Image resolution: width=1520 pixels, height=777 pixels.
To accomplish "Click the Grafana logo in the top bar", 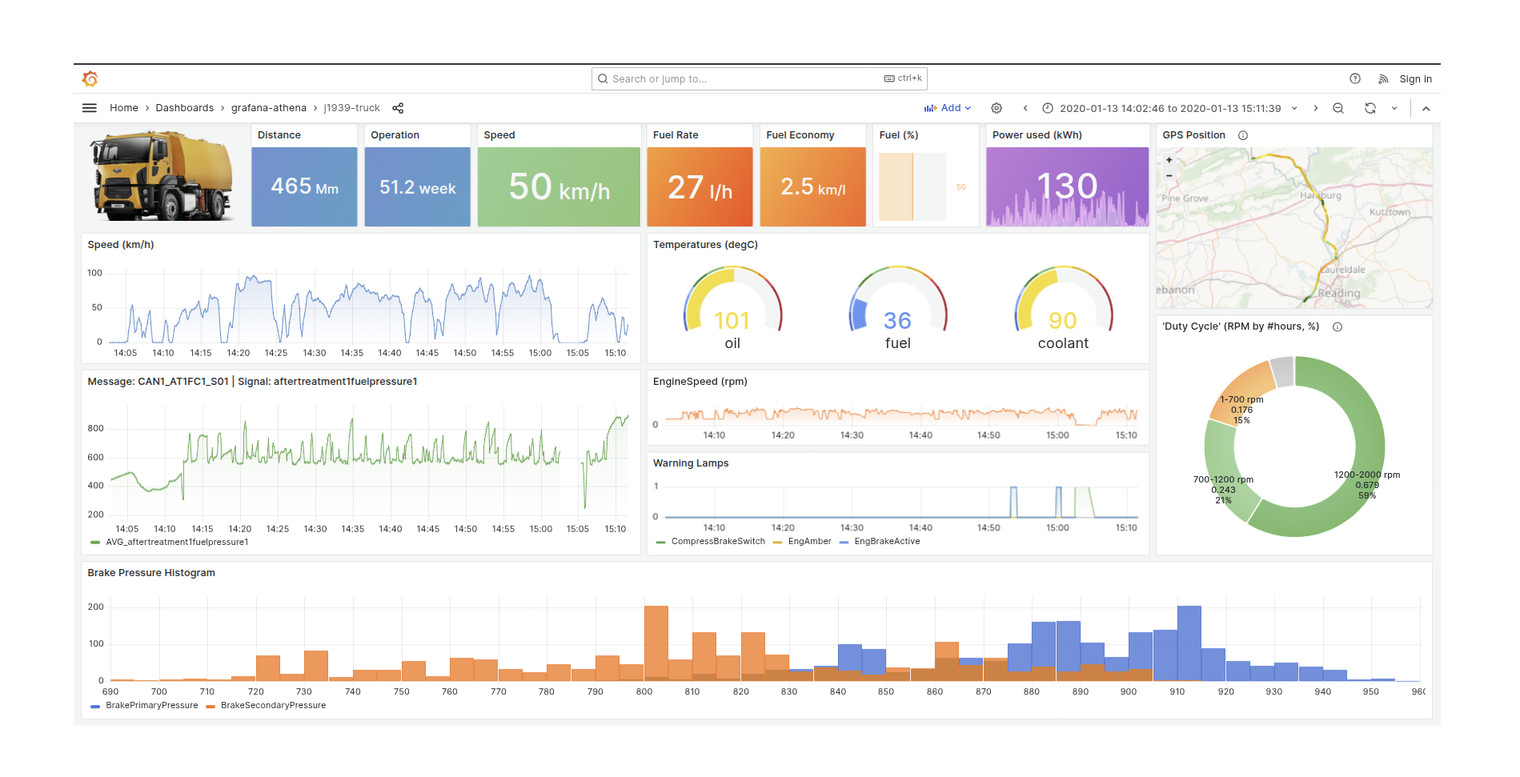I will pyautogui.click(x=90, y=78).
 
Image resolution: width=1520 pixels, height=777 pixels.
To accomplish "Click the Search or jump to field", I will pyautogui.click(x=744, y=78).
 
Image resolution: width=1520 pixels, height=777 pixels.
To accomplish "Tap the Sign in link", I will pyautogui.click(x=1415, y=78).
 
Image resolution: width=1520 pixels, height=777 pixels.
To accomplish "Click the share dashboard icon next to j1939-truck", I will pyautogui.click(x=398, y=108).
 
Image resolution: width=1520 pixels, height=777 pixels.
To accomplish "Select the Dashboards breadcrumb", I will pyautogui.click(x=184, y=108).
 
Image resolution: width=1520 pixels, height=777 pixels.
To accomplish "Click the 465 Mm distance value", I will pyautogui.click(x=304, y=186).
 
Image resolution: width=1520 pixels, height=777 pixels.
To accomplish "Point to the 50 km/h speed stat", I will pyautogui.click(x=559, y=187).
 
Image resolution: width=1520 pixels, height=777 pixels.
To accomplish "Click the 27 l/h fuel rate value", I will pyautogui.click(x=700, y=188).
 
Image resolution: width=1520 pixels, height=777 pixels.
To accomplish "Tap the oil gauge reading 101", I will pyautogui.click(x=732, y=321).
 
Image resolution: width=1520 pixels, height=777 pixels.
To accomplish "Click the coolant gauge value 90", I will pyautogui.click(x=1062, y=321).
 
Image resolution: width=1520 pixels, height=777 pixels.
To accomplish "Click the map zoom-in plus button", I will pyautogui.click(x=1169, y=160).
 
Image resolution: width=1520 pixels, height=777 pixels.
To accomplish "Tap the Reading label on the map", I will pyautogui.click(x=1338, y=294).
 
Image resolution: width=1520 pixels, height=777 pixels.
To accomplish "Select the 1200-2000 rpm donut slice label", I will pyautogui.click(x=1366, y=475).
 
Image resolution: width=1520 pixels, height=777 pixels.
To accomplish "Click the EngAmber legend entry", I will pyautogui.click(x=809, y=542).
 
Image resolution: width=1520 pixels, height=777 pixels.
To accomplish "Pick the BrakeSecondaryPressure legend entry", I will pyautogui.click(x=272, y=706).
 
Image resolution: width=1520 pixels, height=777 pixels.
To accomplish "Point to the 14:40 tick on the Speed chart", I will pyautogui.click(x=390, y=353).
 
